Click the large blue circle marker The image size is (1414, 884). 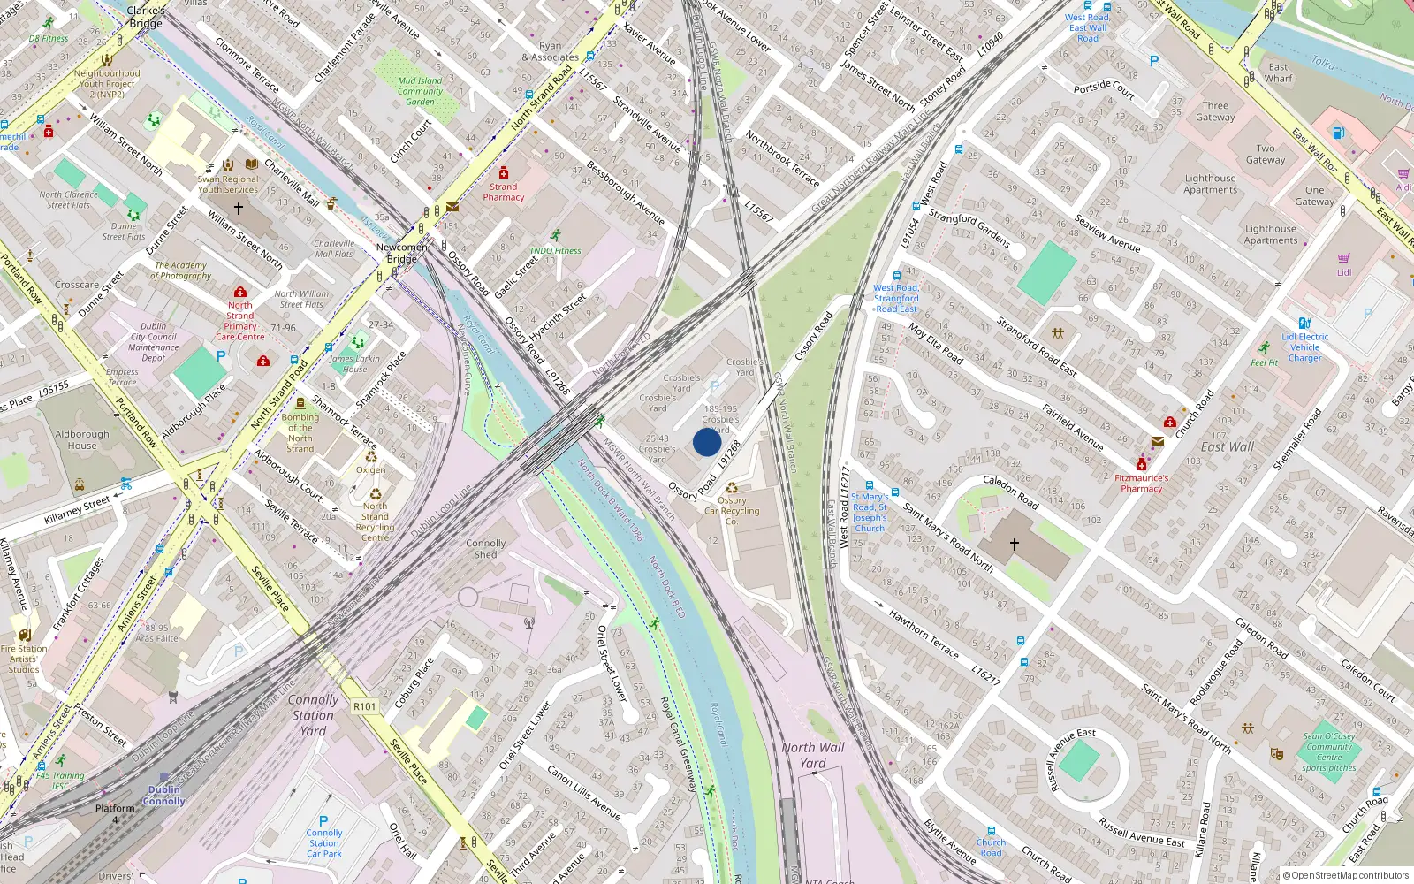[707, 442]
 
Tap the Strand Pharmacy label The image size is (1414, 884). [504, 192]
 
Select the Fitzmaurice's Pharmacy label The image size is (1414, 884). [1141, 483]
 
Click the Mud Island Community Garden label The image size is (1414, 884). [420, 91]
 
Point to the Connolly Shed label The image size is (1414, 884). [485, 549]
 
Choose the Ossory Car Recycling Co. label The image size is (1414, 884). [732, 511]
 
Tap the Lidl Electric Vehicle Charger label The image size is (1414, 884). [1305, 347]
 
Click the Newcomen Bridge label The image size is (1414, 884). [402, 253]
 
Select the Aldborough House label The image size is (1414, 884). [82, 439]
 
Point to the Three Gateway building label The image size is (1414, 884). [1215, 111]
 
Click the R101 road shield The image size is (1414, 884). [364, 706]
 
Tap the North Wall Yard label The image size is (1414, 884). [813, 755]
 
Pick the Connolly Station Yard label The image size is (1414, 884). [313, 715]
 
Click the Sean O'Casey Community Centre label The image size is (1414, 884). [1329, 751]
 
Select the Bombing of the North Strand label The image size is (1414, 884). [300, 433]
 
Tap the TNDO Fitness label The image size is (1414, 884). [555, 250]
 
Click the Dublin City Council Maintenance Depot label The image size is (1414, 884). [154, 342]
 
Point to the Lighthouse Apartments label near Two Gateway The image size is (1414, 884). [1211, 184]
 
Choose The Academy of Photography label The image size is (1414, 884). [181, 271]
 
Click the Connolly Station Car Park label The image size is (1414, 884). [324, 843]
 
